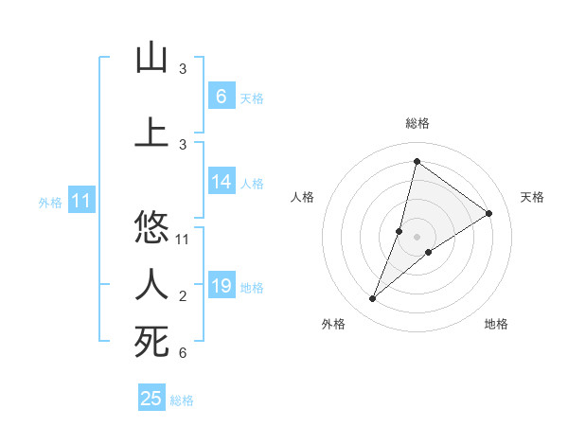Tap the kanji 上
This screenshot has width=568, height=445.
coord(151,132)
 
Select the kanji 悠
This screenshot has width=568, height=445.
coord(151,228)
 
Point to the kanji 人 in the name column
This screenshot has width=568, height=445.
coord(151,284)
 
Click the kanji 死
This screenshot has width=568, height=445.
coord(151,342)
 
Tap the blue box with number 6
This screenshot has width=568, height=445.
coord(221,96)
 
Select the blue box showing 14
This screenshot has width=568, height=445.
coord(221,182)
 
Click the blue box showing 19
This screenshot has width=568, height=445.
coord(221,286)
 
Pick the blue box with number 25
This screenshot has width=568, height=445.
coord(151,399)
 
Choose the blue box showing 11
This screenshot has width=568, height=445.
coord(81,201)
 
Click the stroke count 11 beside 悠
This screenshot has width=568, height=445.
coord(183,239)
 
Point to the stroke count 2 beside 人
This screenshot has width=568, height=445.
coord(183,296)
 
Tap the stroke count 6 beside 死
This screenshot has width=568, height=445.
coord(183,353)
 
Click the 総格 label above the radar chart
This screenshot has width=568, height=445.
coord(417,123)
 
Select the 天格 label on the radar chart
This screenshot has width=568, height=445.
coord(532,197)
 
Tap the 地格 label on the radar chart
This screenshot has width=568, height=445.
coord(496,324)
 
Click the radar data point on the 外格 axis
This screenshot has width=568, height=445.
coord(373,299)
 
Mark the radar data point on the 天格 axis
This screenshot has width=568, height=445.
coord(489,213)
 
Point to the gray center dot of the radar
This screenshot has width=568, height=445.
coord(417,237)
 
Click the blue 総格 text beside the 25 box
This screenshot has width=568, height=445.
coord(182,400)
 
